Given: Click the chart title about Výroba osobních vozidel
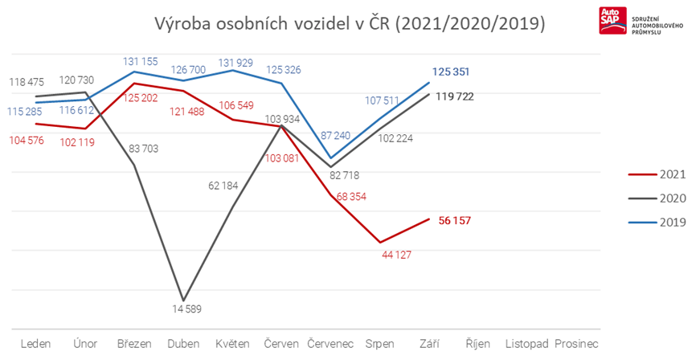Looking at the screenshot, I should pos(350,23).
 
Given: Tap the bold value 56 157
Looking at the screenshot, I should pos(454,219).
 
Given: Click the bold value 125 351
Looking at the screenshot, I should pos(451,72).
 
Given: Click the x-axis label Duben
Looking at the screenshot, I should pos(184,344).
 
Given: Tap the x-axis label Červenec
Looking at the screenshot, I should pos(330,344).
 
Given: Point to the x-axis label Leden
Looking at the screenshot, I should pos(36,344).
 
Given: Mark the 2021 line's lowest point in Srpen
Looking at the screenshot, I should pos(379,242).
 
